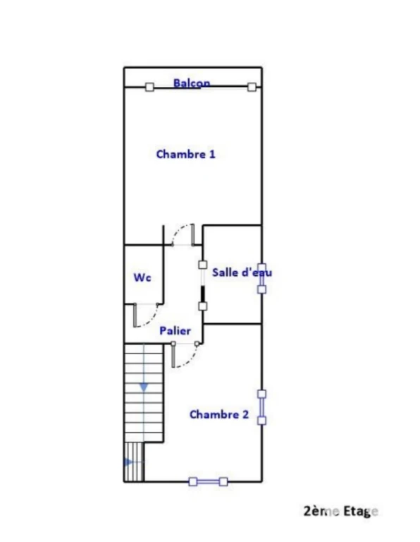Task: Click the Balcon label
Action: pos(192,83)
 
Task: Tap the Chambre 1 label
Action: pos(185,154)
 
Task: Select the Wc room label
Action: pos(142,277)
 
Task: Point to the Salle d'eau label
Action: pos(242,272)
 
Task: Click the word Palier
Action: pos(175,331)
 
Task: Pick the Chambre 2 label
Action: pos(219,414)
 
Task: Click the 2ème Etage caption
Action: pos(340,511)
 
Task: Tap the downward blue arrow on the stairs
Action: pos(144,387)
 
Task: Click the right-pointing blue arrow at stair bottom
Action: pos(128,462)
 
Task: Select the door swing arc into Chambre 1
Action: pos(177,232)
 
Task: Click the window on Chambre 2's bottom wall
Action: pos(208,481)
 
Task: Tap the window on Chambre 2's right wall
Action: pos(262,407)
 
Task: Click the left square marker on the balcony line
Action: pos(149,87)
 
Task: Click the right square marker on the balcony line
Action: pos(252,87)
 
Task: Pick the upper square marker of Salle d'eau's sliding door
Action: pos(202,265)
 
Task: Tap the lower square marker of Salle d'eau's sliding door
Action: pos(202,306)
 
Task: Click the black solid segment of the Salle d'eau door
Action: pos(202,294)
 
